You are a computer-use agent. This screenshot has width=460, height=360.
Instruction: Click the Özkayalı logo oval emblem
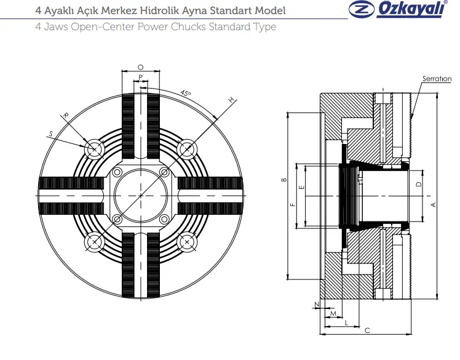click(x=362, y=9)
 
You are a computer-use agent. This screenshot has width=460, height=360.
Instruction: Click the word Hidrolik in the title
click(x=159, y=10)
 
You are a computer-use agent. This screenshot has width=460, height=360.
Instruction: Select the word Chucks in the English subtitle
click(x=188, y=26)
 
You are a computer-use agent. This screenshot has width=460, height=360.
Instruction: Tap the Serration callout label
click(x=437, y=79)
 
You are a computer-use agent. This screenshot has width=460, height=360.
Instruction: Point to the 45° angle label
click(x=185, y=93)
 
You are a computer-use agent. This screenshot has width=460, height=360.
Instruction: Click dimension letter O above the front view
click(x=141, y=67)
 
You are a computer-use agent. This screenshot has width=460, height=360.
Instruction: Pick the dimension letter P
click(x=141, y=77)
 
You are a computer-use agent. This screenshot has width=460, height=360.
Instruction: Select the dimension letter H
click(x=232, y=100)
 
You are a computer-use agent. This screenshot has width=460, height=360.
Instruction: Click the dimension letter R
click(x=66, y=115)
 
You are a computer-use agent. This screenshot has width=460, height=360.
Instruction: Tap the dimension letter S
click(x=51, y=134)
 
